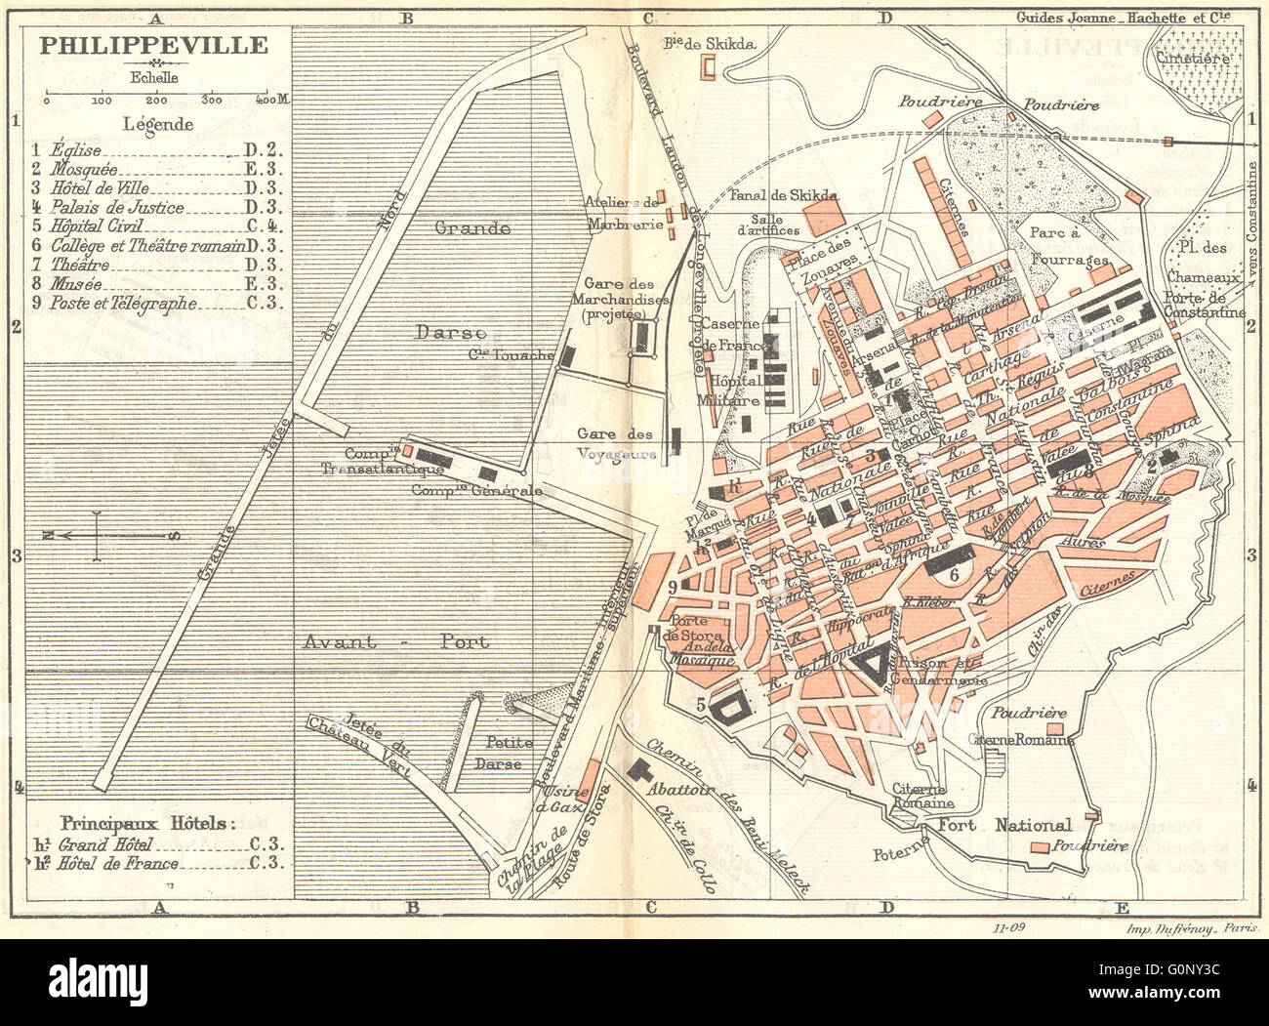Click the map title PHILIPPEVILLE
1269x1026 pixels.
point(152,45)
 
